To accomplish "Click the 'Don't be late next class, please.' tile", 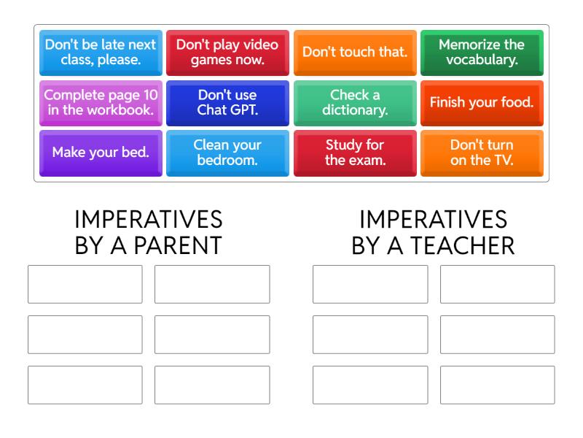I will [101, 52].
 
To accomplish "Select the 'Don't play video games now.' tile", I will [227, 52].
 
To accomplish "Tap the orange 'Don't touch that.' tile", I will [355, 52].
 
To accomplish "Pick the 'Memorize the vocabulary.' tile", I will [482, 52].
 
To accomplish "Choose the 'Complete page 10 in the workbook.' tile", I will [101, 102].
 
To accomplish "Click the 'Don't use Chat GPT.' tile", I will [227, 102].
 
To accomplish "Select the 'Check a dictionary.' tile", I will [355, 102].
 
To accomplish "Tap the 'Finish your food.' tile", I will [482, 102].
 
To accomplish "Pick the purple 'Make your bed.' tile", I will [101, 153].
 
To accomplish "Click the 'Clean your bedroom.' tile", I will [227, 153].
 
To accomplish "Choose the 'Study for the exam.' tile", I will [355, 153].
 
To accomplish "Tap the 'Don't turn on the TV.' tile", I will [482, 153].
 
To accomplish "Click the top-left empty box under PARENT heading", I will [85, 284].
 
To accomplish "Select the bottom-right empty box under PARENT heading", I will [212, 385].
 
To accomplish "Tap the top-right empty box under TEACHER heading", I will [497, 284].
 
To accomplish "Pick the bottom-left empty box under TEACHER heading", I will [370, 385].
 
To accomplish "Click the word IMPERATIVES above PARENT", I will [149, 220].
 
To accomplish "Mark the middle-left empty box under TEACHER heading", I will [370, 334].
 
